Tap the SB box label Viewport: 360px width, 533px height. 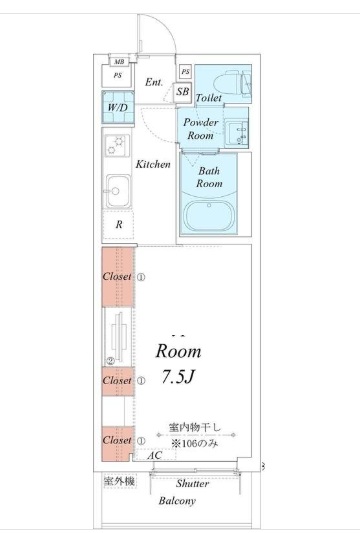(183, 92)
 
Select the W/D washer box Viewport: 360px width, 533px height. (117, 107)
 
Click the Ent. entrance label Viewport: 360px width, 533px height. (155, 81)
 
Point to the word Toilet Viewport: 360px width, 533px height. (208, 98)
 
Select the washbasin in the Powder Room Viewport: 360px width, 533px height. (237, 130)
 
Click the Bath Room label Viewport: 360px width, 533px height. (208, 178)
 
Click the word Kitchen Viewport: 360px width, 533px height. (154, 164)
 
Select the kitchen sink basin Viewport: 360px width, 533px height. (116, 189)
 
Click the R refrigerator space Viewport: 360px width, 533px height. (118, 225)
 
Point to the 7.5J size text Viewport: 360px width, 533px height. (177, 379)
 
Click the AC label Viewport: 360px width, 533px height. (155, 456)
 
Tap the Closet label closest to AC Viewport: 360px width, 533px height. (118, 440)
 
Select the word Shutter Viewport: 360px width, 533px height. (193, 483)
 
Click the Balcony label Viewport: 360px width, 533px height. (175, 501)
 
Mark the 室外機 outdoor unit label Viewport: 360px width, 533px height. (118, 482)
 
